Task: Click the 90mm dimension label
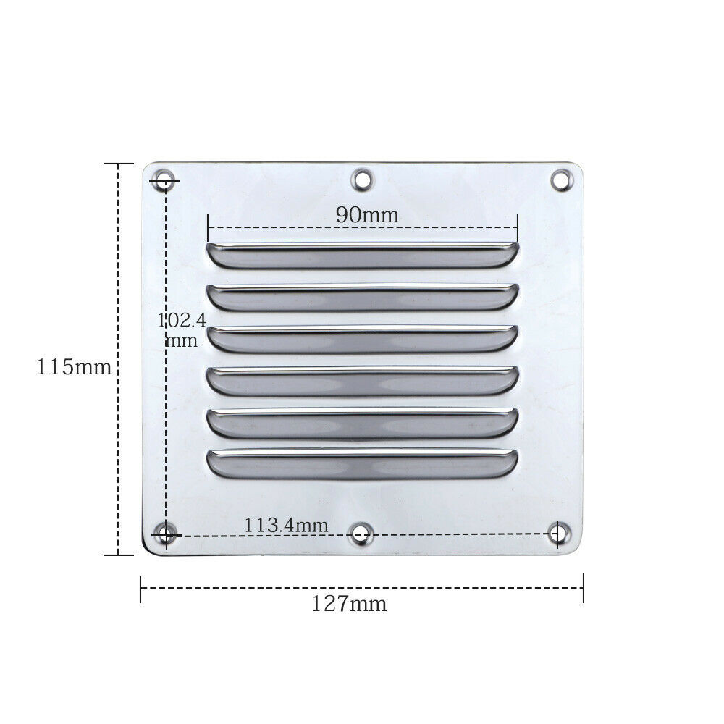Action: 366,214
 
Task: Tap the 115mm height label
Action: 75,367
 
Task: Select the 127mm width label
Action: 349,603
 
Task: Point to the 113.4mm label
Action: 286,525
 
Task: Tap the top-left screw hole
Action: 164,180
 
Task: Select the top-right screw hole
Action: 562,179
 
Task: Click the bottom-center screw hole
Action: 361,535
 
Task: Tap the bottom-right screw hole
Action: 557,534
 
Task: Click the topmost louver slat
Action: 362,255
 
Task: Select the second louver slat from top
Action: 362,297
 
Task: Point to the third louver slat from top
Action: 362,339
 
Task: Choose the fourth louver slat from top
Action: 362,380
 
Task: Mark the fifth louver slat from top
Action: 362,422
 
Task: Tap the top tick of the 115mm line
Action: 119,164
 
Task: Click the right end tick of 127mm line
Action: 583,587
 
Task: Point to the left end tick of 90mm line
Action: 208,227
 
